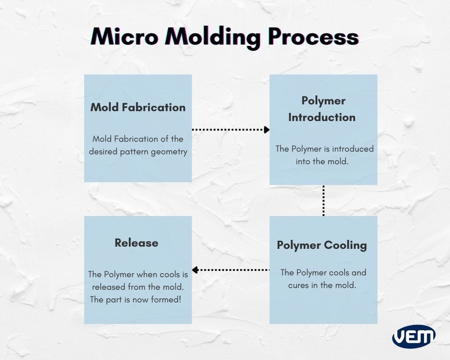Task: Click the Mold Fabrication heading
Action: pos(138,107)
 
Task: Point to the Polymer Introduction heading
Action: pos(322,109)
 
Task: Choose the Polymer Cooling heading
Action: pos(322,245)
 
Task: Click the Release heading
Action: pos(136,243)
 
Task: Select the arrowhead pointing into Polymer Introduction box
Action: pos(267,130)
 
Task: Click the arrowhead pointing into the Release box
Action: pos(195,270)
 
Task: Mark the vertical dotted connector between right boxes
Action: pos(324,200)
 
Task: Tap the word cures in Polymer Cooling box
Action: pos(299,285)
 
